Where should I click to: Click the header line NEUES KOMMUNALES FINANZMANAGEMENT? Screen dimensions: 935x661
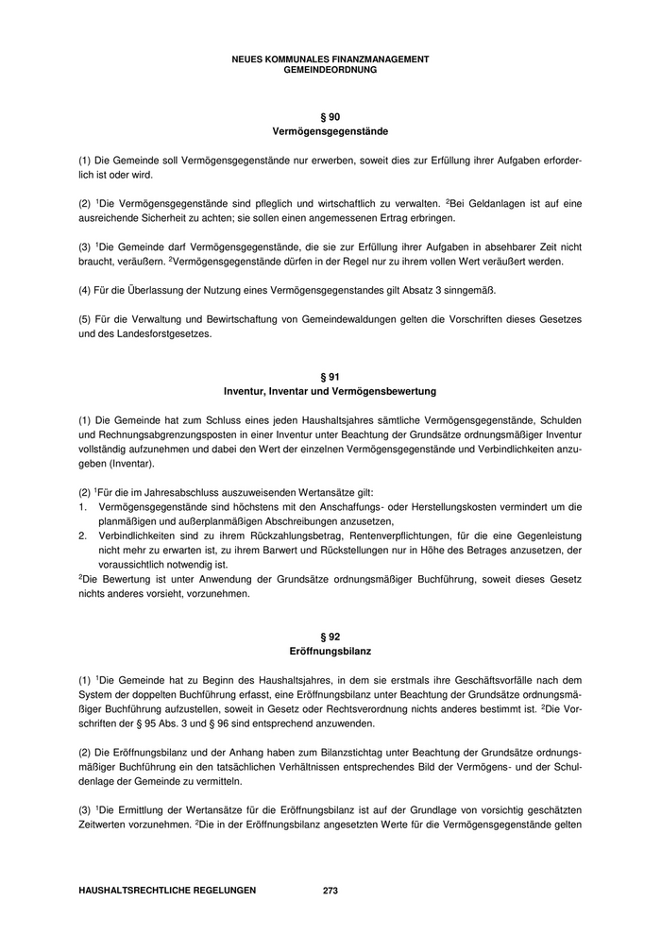tap(330, 59)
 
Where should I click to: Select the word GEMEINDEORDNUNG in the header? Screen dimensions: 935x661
tap(330, 69)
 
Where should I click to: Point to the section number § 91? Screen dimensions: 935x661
tap(330, 376)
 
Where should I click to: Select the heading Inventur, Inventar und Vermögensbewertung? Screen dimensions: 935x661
tap(330, 391)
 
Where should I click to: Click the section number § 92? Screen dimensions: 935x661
tap(330, 637)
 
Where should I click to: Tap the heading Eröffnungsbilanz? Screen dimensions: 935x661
tap(330, 652)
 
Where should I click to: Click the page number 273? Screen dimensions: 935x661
tap(330, 890)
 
